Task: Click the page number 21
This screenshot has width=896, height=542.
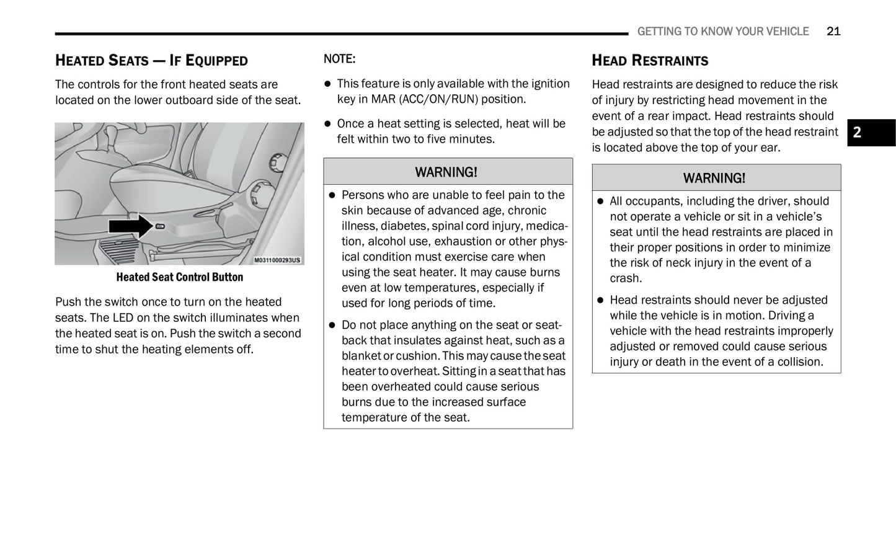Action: pyautogui.click(x=833, y=31)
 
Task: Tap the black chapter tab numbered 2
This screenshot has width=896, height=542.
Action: pyautogui.click(x=871, y=132)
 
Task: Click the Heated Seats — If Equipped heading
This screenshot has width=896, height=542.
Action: pyautogui.click(x=151, y=60)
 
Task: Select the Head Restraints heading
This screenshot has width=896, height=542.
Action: pyautogui.click(x=649, y=60)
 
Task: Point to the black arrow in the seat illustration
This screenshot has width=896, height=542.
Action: pyautogui.click(x=130, y=226)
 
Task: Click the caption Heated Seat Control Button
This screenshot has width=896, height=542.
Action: pyautogui.click(x=179, y=277)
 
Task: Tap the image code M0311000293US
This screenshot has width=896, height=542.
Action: pyautogui.click(x=277, y=260)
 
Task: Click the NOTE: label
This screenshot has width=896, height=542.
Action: pyautogui.click(x=339, y=59)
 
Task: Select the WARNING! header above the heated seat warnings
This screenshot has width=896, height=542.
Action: pyautogui.click(x=446, y=172)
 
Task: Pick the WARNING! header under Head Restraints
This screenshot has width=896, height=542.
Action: pyautogui.click(x=714, y=178)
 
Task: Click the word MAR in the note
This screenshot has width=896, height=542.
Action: pyautogui.click(x=384, y=99)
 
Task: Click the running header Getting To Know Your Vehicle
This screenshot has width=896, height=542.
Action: pyautogui.click(x=722, y=31)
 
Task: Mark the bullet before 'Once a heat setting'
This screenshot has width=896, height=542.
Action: pyautogui.click(x=328, y=124)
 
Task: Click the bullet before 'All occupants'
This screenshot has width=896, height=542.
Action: pyautogui.click(x=600, y=202)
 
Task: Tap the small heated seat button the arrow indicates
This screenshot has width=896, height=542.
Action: pyautogui.click(x=160, y=226)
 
